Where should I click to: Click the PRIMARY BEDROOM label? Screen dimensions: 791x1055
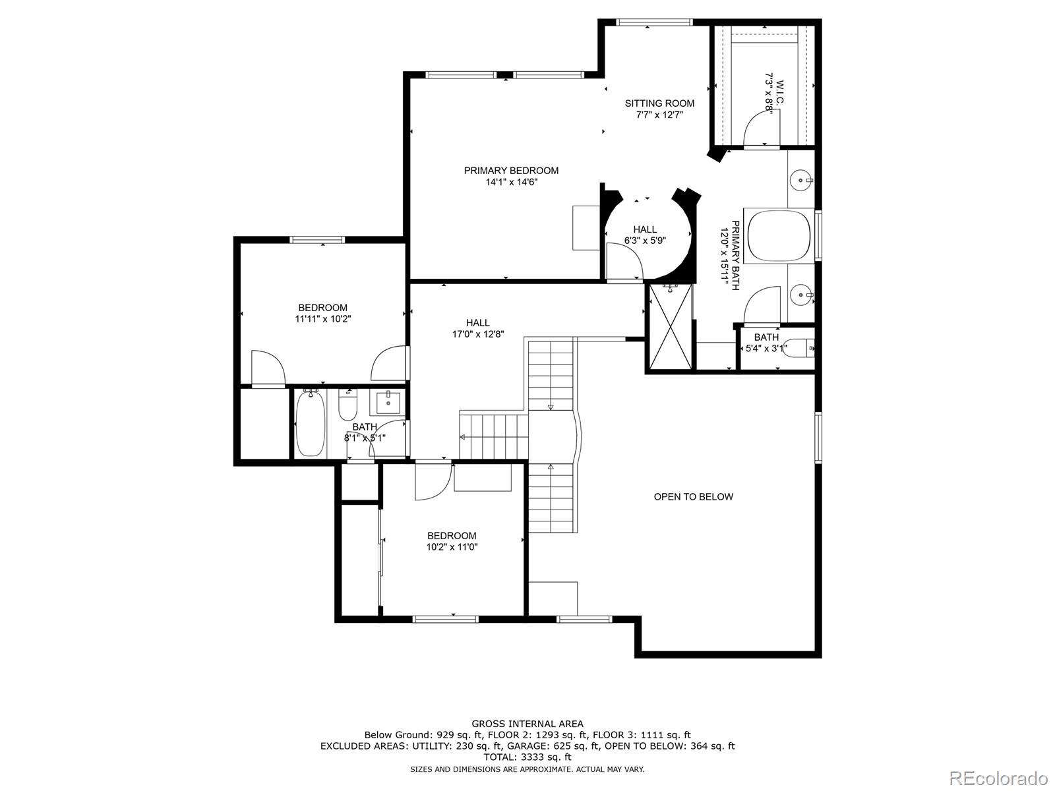pos(511,171)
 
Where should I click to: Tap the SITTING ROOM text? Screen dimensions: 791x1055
pos(659,103)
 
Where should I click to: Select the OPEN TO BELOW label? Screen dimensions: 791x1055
pos(693,497)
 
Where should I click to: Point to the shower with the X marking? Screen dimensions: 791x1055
pos(671,326)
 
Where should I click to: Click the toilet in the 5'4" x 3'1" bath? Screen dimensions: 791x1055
pos(800,347)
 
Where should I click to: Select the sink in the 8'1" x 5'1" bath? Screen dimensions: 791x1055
pos(388,401)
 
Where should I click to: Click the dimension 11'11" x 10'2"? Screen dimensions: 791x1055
pos(322,319)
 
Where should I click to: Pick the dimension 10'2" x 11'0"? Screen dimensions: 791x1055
pos(452,547)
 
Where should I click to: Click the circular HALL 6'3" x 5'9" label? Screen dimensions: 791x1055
pos(645,235)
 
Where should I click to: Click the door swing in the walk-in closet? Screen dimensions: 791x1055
pos(761,129)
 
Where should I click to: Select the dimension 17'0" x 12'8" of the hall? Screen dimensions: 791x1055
pos(478,334)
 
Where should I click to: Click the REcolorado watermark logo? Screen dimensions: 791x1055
pos(998,778)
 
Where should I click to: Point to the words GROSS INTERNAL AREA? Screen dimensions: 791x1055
pos(527,724)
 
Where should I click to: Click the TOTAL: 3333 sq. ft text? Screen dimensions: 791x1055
pos(527,757)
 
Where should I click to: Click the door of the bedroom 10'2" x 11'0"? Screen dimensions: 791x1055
pos(432,483)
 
